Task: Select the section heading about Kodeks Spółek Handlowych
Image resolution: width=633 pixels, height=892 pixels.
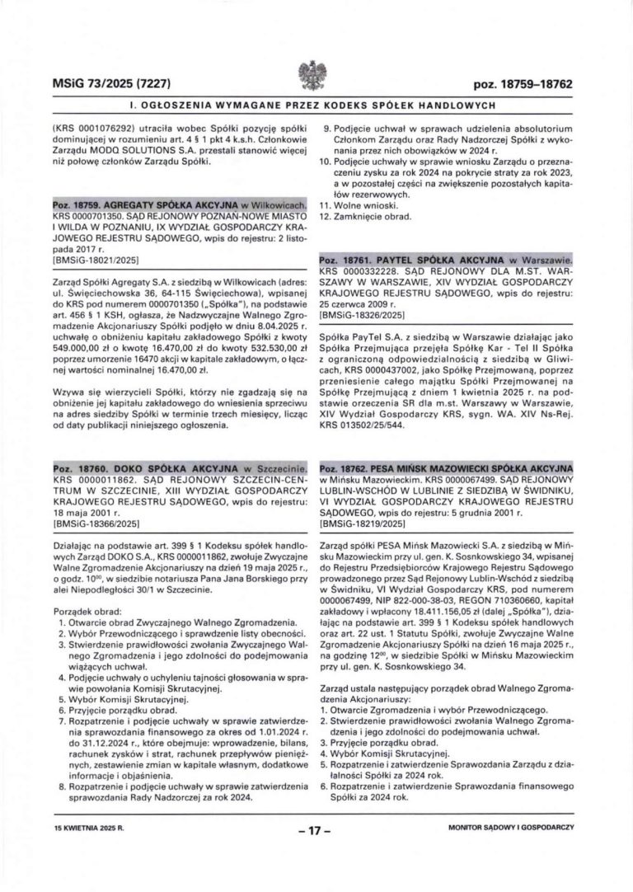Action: tap(316, 106)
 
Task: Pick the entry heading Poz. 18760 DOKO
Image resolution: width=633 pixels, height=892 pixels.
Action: tap(168, 468)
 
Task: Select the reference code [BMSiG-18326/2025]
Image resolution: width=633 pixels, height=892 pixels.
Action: tap(364, 316)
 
